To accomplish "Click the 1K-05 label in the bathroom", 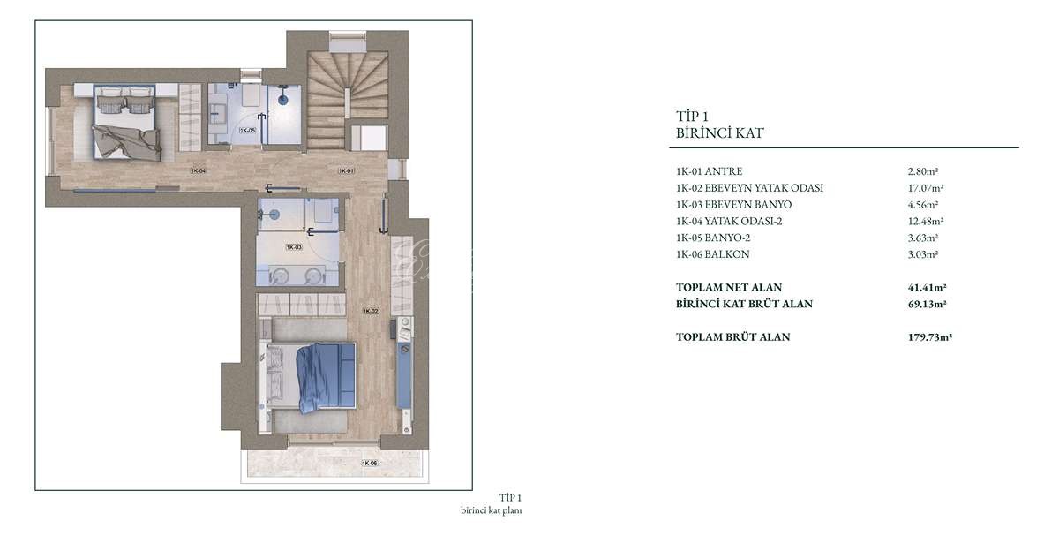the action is coord(247,130).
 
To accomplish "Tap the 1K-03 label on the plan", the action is coord(294,247).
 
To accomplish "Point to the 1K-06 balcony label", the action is coord(369,463).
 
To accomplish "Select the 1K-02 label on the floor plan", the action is coord(371,311).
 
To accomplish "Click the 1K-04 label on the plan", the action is coord(198,170).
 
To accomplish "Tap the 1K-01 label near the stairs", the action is coord(346,170).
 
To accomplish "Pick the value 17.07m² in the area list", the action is coord(925,188).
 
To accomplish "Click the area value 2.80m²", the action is coord(923,171).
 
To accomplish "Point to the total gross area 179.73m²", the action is coord(929,336).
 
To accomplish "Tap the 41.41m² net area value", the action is coord(927,287).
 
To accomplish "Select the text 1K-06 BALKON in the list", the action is coord(712,254).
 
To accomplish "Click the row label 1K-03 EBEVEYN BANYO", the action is coord(733,204).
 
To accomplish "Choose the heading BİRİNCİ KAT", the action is coord(719,133).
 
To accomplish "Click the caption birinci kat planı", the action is coord(492,510).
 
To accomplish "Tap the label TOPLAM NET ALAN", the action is coord(729,287).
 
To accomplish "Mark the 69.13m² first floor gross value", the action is coord(927,304).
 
